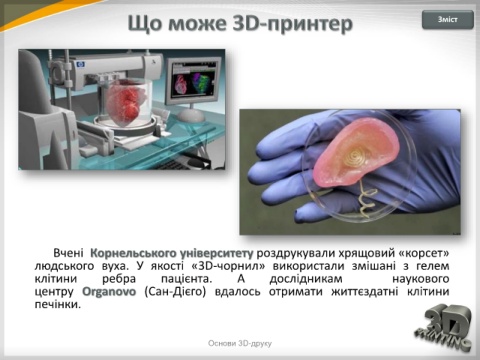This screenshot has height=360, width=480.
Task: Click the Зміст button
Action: pyautogui.click(x=448, y=20)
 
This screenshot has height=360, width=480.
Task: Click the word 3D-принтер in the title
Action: pyautogui.click(x=292, y=24)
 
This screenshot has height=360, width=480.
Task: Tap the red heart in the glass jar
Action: pyautogui.click(x=123, y=103)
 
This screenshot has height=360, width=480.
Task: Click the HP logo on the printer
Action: pyautogui.click(x=80, y=64)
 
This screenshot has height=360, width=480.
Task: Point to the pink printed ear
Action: pyautogui.click(x=356, y=152)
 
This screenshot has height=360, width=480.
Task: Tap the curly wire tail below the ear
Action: pyautogui.click(x=367, y=200)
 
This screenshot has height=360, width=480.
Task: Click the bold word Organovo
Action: pyautogui.click(x=109, y=292)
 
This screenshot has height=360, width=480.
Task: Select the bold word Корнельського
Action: pyautogui.click(x=133, y=253)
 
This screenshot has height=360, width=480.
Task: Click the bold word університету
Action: pyautogui.click(x=216, y=253)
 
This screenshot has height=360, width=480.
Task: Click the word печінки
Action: pyautogui.click(x=58, y=304)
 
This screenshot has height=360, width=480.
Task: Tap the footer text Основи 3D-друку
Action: pyautogui.click(x=240, y=343)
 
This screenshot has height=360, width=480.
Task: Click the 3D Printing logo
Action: pyautogui.click(x=444, y=327)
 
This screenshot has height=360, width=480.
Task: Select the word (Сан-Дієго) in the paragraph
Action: pyautogui.click(x=175, y=292)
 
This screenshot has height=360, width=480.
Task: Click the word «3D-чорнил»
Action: pyautogui.click(x=229, y=266)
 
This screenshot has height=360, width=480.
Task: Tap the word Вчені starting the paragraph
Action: pyautogui.click(x=68, y=253)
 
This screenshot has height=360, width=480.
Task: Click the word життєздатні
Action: pyautogui.click(x=365, y=292)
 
